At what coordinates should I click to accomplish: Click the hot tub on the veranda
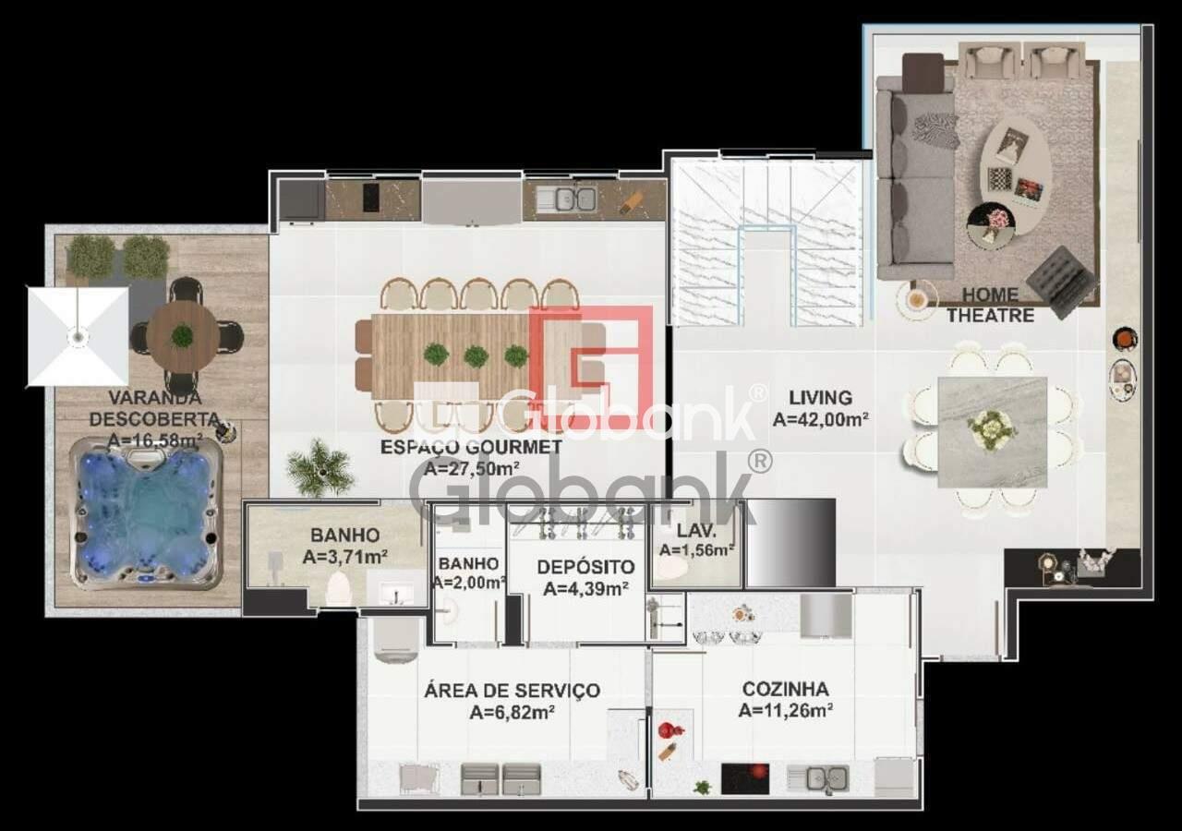tap(147, 513)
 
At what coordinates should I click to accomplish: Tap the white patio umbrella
tap(78, 336)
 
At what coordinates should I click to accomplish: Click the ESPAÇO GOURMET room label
tap(471, 447)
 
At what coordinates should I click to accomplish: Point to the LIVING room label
tap(820, 398)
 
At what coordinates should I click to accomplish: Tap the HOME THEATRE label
tap(990, 306)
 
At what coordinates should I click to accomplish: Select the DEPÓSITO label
tap(585, 567)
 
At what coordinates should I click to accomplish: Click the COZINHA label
tap(785, 689)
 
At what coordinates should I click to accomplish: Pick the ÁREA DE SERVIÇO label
tap(512, 691)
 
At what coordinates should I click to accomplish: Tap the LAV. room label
tap(695, 531)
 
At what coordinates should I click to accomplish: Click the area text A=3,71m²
tap(344, 557)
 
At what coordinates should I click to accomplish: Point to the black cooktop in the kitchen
tap(745, 777)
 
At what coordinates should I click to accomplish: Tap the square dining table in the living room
tap(992, 431)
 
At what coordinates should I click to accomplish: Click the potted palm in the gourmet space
tap(320, 467)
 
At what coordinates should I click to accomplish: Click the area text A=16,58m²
tap(154, 440)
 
